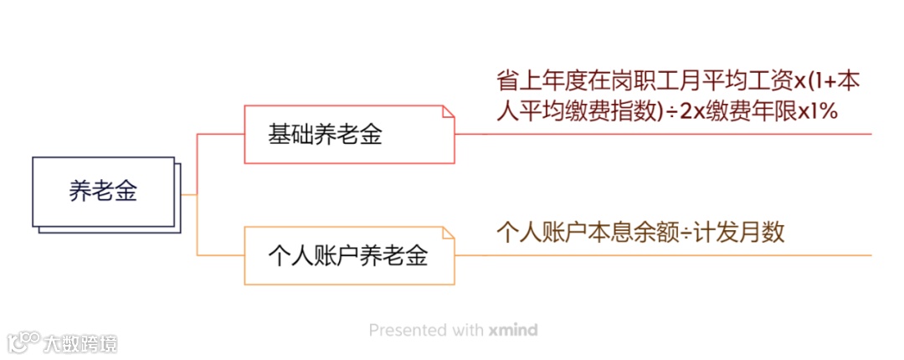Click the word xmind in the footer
513,330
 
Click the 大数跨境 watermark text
80,342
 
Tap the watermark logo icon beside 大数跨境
23,342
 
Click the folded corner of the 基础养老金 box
448,111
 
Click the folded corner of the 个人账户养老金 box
448,232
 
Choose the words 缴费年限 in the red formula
748,111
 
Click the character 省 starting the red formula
507,82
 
